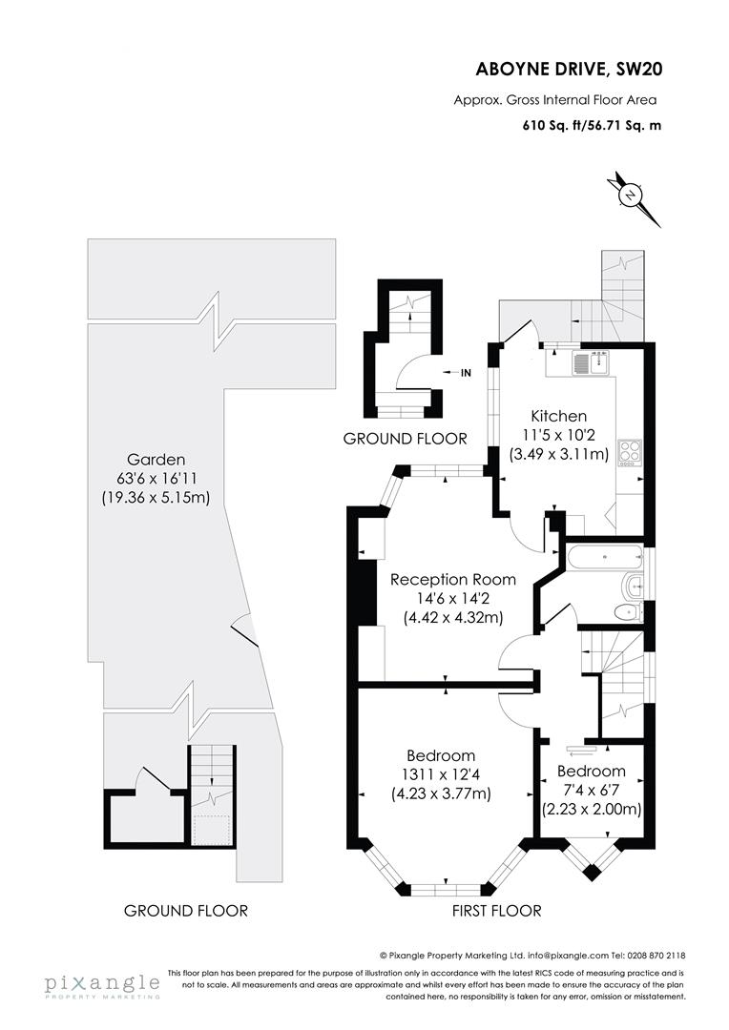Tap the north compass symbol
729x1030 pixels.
click(631, 196)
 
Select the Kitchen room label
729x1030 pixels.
click(559, 416)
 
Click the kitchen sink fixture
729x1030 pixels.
click(591, 362)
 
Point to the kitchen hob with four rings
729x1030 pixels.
click(630, 452)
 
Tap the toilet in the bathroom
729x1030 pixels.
click(625, 611)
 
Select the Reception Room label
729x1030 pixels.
click(453, 579)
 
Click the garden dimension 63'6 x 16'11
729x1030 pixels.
click(155, 478)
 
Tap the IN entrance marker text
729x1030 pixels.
click(466, 373)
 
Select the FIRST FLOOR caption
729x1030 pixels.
click(497, 911)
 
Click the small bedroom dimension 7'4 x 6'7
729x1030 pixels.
click(592, 790)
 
